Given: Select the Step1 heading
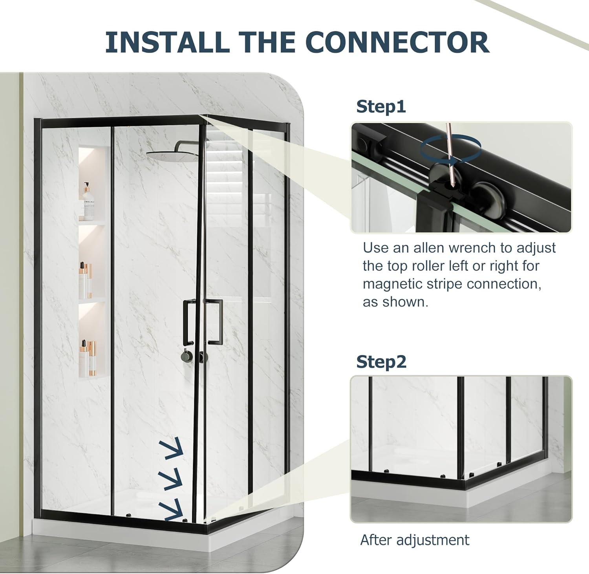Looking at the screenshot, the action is coord(380,107).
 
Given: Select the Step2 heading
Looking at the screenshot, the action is coord(381,362).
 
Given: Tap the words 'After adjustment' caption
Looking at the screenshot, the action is coord(415,540).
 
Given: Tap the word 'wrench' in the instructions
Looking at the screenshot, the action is coord(473,248).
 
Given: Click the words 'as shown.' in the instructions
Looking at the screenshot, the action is coord(395,302).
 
